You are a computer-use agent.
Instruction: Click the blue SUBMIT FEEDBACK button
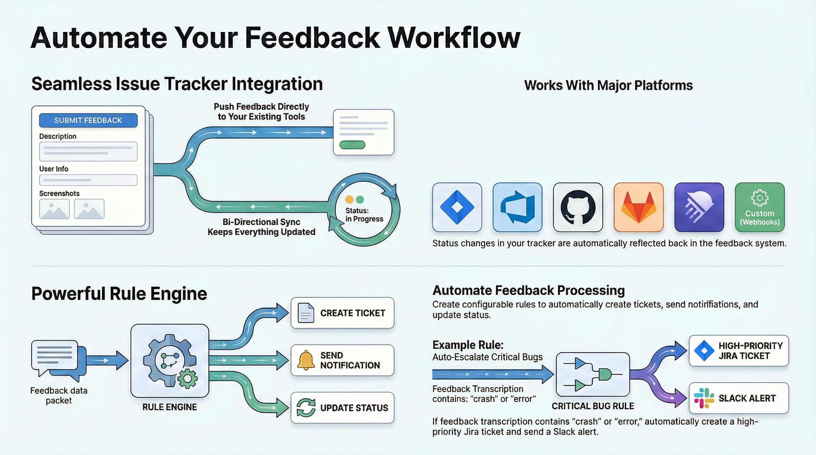point(88,120)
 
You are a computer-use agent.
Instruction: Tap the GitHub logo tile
point(578,207)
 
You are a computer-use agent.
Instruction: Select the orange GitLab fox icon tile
point(638,207)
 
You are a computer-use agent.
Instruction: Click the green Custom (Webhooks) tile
point(760,207)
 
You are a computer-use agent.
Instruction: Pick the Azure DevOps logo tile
point(517,207)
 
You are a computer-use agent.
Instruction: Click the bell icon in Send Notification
point(306,360)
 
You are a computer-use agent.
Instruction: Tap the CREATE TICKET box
point(342,313)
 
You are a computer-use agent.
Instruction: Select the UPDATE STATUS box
point(342,408)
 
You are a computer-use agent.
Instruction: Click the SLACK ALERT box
point(738,398)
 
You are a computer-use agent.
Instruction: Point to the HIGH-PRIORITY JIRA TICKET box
point(738,351)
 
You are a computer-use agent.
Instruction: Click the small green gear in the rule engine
point(187,379)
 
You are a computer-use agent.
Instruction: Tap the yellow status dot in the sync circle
point(349,199)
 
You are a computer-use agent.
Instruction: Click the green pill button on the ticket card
point(352,145)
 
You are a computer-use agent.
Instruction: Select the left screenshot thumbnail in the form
point(54,209)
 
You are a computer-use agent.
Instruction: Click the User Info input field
point(88,180)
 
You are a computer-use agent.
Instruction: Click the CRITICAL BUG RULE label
point(593,406)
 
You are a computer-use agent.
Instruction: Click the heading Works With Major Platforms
point(608,85)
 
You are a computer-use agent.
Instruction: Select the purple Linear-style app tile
point(699,207)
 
